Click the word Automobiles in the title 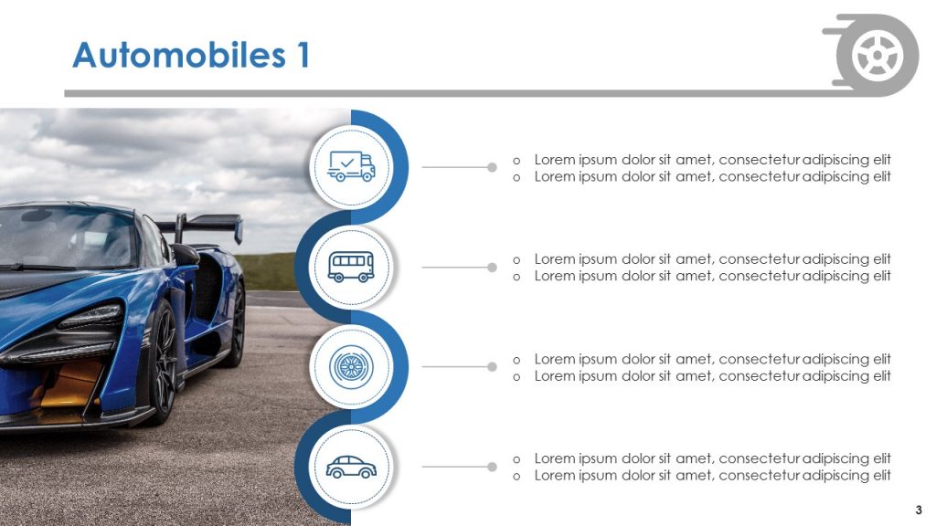point(179,56)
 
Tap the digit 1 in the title point(303,55)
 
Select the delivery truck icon point(351,166)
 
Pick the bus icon point(351,266)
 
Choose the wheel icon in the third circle point(351,366)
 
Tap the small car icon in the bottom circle point(351,467)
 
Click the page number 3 point(919,510)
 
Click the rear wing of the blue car point(203,225)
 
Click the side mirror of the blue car point(186,255)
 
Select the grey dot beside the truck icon point(492,168)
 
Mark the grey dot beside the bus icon point(492,268)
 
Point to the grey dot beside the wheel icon point(492,367)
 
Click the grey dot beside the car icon point(492,467)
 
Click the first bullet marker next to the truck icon point(516,161)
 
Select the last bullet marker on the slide point(516,477)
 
